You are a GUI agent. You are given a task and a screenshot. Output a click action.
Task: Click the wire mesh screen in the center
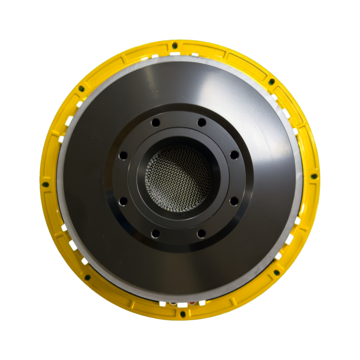[178, 176]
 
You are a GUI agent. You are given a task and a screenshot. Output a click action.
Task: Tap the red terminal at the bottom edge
[192, 303]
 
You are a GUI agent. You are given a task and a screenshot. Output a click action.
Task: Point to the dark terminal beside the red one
[173, 303]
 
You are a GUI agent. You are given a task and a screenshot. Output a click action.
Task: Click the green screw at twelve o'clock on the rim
[175, 45]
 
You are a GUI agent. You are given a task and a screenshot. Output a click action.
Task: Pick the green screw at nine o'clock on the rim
[45, 184]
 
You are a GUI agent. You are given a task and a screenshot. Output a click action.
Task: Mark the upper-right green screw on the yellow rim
[272, 81]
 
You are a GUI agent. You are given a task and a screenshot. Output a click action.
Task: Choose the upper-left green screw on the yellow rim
[81, 88]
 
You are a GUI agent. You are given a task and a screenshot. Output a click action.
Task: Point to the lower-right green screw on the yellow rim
[277, 272]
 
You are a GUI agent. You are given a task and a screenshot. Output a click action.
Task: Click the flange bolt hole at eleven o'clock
[155, 122]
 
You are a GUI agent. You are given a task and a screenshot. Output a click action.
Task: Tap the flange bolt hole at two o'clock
[234, 155]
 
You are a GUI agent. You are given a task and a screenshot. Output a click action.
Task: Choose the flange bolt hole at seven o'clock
[155, 233]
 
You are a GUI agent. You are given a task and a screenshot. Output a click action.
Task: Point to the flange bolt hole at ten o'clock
[123, 155]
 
